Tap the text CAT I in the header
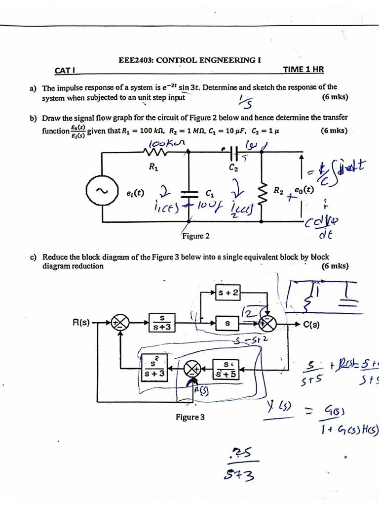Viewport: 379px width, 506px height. coord(64,71)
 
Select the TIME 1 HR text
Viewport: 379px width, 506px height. coord(303,70)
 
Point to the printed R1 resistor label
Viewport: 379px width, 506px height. coord(153,167)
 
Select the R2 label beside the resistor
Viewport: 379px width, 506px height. coord(278,190)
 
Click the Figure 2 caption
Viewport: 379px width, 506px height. coord(196,236)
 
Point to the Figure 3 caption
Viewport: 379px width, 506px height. coord(190,418)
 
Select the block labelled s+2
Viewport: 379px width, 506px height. coord(228,294)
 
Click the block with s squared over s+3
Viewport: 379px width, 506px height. coord(153,369)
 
